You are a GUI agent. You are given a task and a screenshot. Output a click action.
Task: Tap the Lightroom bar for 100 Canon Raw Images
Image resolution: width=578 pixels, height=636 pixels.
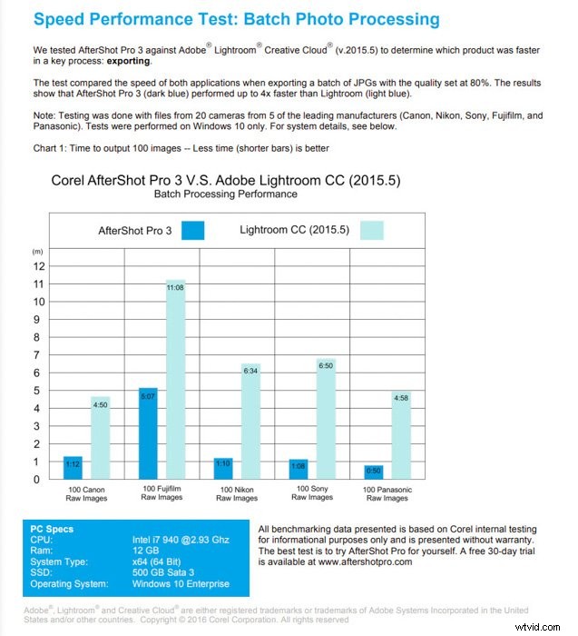tap(99, 438)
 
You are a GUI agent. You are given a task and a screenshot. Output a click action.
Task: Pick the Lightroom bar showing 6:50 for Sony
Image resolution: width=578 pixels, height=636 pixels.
tap(326, 419)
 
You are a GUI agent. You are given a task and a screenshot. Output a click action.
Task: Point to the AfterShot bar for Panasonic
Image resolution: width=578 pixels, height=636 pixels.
tap(373, 472)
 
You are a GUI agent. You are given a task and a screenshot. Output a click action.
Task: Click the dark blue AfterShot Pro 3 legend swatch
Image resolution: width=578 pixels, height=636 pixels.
tap(192, 230)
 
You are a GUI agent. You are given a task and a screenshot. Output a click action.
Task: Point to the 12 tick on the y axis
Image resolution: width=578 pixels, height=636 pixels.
tap(38, 266)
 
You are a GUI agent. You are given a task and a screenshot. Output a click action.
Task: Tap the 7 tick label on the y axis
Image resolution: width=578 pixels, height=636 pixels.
tap(38, 355)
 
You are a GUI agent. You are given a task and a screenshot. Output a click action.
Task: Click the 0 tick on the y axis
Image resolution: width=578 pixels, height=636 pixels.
tap(38, 479)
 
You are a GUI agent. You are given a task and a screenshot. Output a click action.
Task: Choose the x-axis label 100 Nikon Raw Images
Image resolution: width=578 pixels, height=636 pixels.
tap(237, 493)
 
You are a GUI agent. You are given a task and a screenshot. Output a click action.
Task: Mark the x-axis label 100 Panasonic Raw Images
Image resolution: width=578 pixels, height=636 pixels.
tap(387, 493)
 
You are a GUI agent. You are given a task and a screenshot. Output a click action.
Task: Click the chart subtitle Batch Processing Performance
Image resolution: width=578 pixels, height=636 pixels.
tap(226, 194)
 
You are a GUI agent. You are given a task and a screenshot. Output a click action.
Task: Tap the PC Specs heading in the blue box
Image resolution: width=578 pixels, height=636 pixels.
tap(52, 529)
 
